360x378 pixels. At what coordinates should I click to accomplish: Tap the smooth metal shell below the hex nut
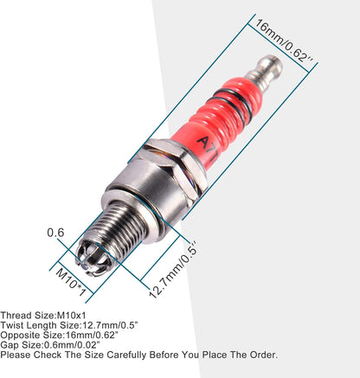[146, 194]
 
